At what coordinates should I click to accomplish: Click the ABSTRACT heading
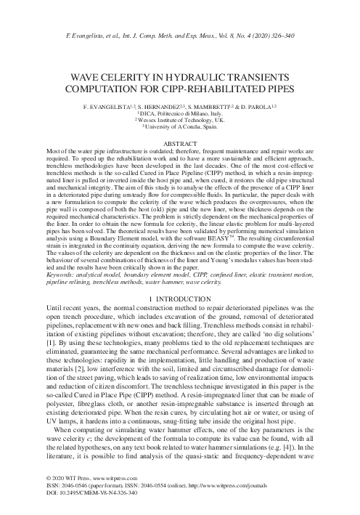point(180,144)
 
